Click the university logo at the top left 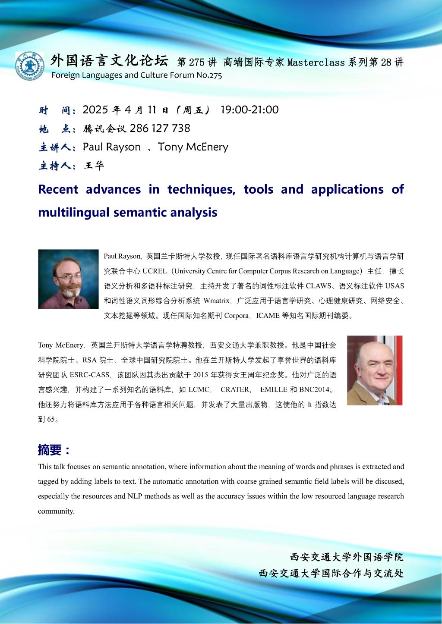coord(29,66)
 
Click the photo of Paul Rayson coord(68,279)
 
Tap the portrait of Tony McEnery coord(374,370)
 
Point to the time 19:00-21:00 coord(249,110)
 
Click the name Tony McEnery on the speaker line coord(193,147)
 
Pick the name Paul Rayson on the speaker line coord(112,147)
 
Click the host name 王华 coord(94,166)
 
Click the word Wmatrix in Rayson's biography coord(216,301)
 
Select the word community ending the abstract coord(56,511)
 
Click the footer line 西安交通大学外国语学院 coord(347,557)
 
